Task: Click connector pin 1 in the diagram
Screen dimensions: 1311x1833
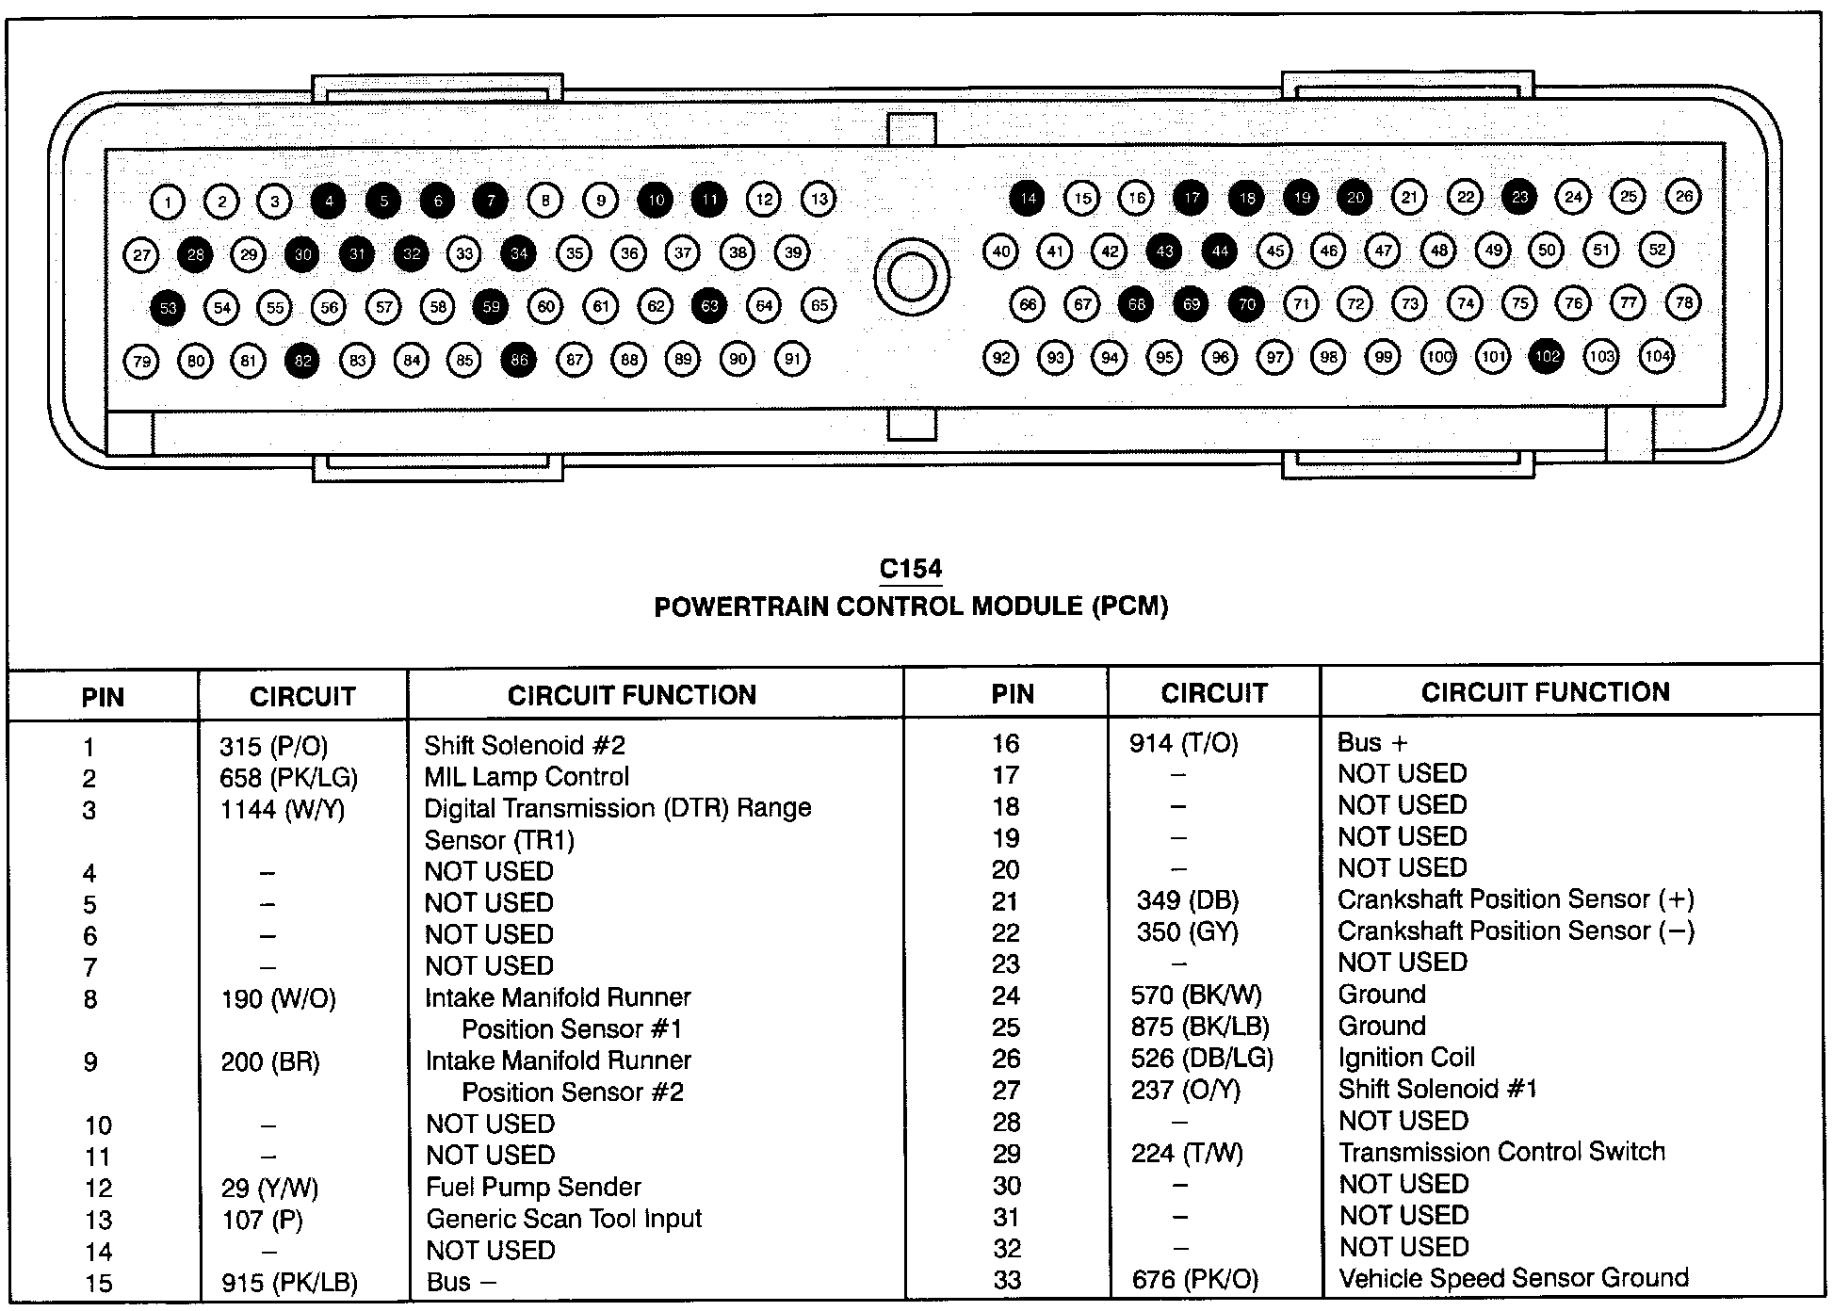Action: click(x=168, y=201)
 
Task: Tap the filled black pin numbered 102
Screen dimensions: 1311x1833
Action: click(x=1547, y=357)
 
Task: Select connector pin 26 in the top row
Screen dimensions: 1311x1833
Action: click(x=1683, y=196)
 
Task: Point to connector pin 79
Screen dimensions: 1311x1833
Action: click(x=141, y=361)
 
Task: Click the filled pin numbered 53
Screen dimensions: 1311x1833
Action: click(x=168, y=308)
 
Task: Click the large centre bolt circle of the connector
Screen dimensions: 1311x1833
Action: click(x=911, y=277)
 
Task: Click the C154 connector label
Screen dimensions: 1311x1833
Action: click(x=910, y=569)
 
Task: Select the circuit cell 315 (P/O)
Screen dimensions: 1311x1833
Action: click(x=273, y=747)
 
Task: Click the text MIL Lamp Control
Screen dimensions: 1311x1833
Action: click(x=526, y=777)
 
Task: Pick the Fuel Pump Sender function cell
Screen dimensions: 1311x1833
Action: click(x=533, y=1187)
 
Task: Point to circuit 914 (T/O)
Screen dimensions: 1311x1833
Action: click(x=1183, y=744)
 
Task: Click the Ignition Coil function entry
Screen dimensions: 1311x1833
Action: click(x=1405, y=1058)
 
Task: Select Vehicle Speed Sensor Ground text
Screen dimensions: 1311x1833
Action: click(x=1513, y=1278)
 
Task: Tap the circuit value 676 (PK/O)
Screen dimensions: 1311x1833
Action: click(x=1194, y=1279)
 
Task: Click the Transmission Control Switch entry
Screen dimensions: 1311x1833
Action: click(x=1501, y=1152)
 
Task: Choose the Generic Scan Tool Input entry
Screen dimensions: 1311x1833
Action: click(x=563, y=1219)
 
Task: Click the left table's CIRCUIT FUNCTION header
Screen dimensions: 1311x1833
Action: click(x=631, y=695)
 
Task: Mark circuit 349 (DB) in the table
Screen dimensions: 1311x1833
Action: click(x=1187, y=900)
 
